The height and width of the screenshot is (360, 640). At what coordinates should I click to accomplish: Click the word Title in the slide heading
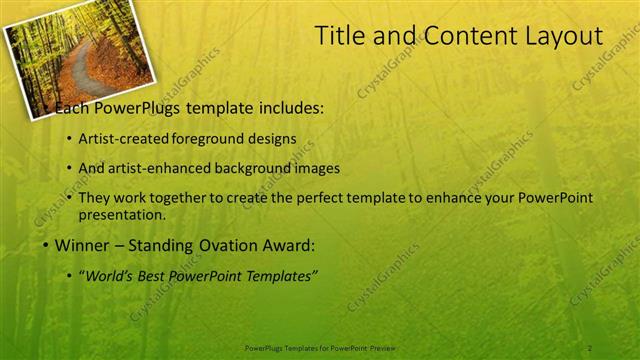(x=339, y=37)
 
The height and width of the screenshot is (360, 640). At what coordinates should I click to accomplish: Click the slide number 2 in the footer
(x=590, y=347)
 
